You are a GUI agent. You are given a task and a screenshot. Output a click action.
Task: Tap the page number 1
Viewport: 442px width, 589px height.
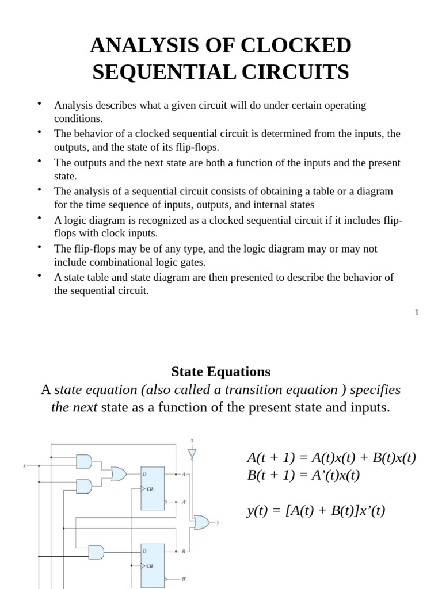[x=417, y=312]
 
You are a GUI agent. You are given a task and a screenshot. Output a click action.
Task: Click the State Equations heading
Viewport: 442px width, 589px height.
[x=220, y=371]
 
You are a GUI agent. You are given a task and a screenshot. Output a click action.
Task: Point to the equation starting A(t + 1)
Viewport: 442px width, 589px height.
[x=331, y=458]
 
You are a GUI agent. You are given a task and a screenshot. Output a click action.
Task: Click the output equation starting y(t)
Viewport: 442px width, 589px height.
[x=316, y=510]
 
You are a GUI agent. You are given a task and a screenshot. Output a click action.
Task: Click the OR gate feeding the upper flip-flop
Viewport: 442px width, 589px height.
[x=119, y=474]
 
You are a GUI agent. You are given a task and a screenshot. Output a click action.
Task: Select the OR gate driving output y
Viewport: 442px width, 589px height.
[x=202, y=522]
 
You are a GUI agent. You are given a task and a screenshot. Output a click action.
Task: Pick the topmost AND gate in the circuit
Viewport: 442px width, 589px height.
[x=84, y=461]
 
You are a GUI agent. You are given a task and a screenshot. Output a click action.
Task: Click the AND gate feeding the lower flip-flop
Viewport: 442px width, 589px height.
[x=96, y=552]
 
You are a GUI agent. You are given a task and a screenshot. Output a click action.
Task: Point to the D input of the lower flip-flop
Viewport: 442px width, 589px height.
[x=144, y=551]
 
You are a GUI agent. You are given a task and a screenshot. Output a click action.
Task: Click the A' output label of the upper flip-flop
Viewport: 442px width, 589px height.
[x=184, y=502]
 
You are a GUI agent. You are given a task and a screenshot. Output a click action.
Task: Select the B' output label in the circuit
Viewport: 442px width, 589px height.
[x=184, y=579]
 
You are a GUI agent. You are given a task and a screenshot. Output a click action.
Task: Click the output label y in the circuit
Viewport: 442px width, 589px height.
[x=218, y=522]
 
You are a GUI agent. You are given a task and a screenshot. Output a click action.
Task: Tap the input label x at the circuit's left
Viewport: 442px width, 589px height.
[x=24, y=466]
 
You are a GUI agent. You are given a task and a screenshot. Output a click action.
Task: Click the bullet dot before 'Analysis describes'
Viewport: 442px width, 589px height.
[x=39, y=104]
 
